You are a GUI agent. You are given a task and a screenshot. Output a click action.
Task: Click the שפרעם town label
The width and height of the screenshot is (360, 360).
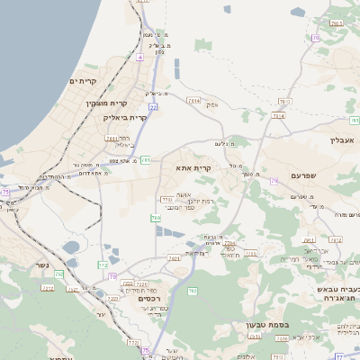[x=306, y=175]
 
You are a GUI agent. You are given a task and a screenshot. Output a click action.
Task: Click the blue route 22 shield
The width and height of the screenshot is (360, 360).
[x=154, y=107]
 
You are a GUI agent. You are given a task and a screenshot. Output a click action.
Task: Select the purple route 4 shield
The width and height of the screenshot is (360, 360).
[x=140, y=56]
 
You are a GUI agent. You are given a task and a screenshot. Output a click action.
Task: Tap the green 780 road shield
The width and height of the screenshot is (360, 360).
[x=156, y=219]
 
